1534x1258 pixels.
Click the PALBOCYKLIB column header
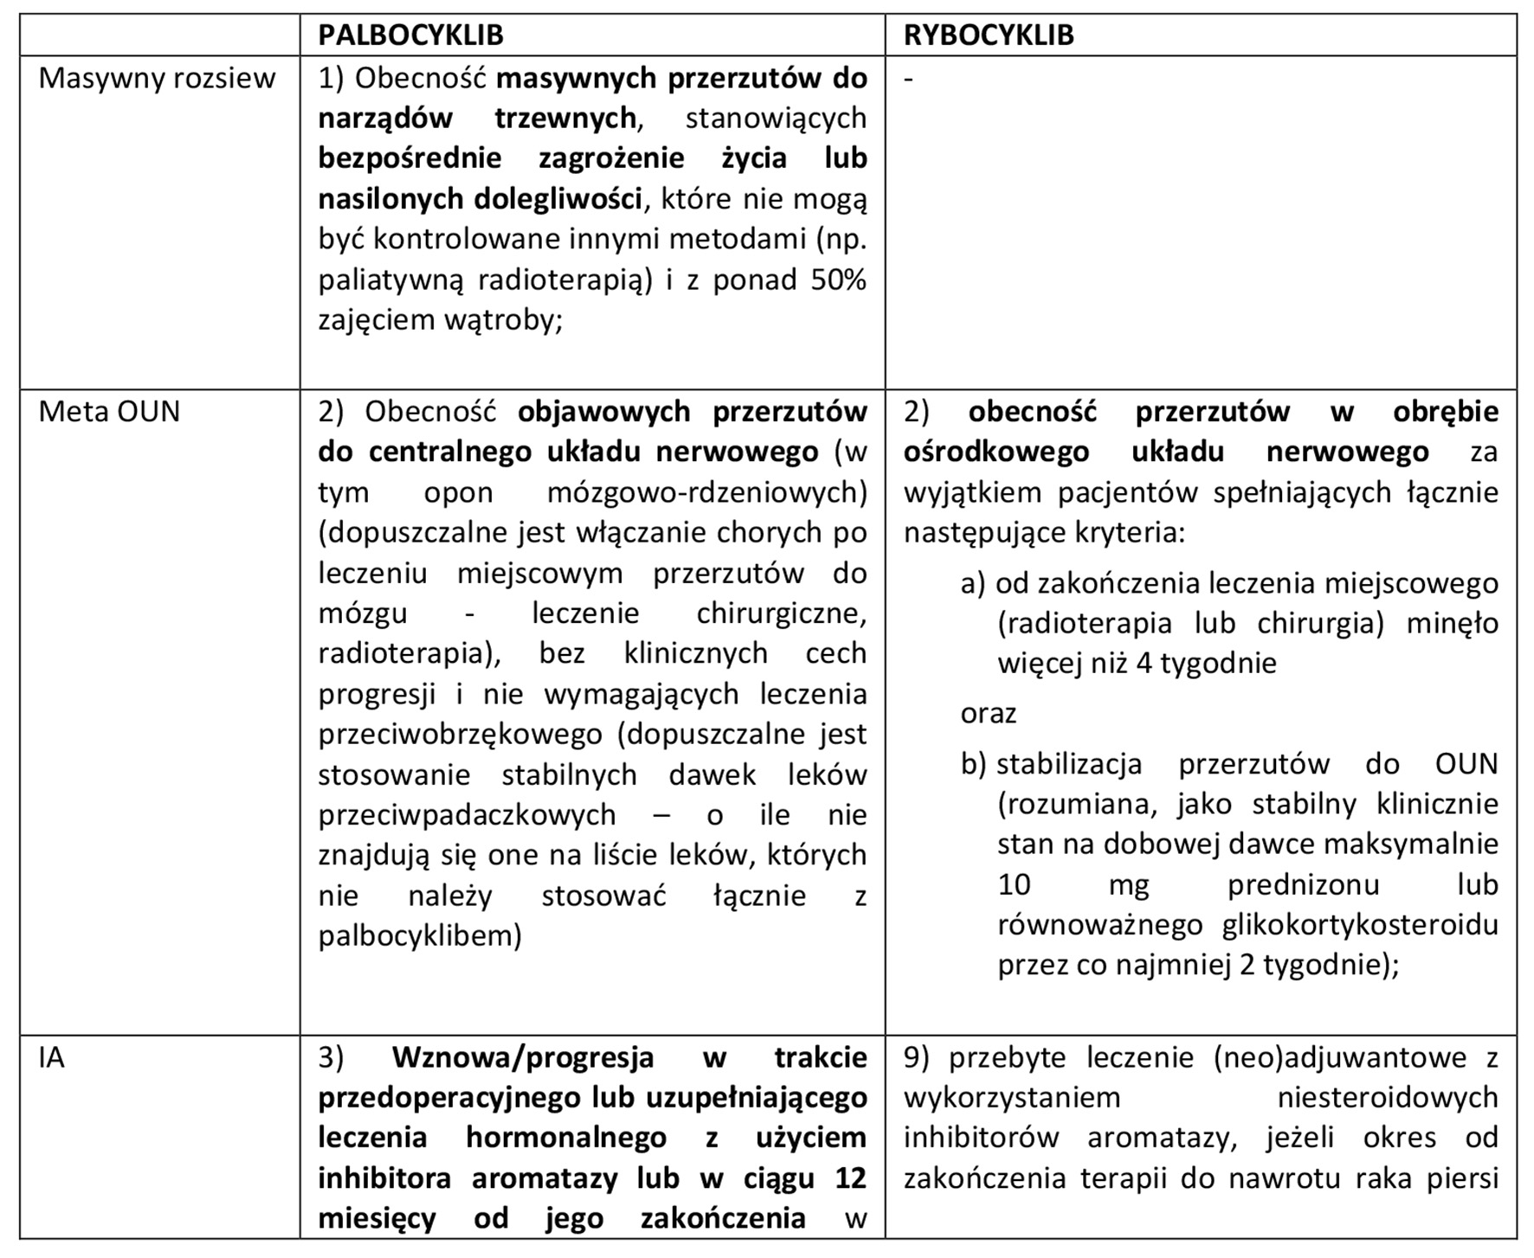coord(410,35)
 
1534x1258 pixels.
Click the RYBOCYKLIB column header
coord(989,35)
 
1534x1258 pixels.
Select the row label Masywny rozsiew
coord(157,78)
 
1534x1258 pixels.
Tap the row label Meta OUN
coord(109,411)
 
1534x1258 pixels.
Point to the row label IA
coord(52,1057)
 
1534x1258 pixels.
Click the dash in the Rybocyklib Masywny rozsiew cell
coord(908,78)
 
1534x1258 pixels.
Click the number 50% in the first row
coord(838,279)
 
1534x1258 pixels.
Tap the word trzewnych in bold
coord(567,118)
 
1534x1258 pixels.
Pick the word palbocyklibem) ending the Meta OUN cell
coord(420,935)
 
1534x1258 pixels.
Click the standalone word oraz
coord(988,713)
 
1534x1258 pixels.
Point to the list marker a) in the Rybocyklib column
coord(973,583)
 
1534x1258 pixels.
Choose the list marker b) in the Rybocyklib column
coord(973,764)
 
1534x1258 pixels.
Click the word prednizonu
coord(1303,884)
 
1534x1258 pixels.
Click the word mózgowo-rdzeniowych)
coord(707,491)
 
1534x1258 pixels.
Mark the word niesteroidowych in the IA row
coord(1388,1097)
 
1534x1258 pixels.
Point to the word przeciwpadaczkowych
coord(467,814)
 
